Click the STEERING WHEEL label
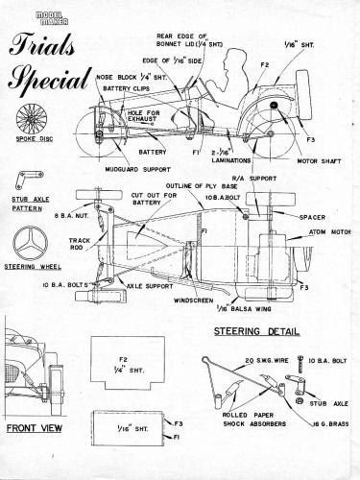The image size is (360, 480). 28,266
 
